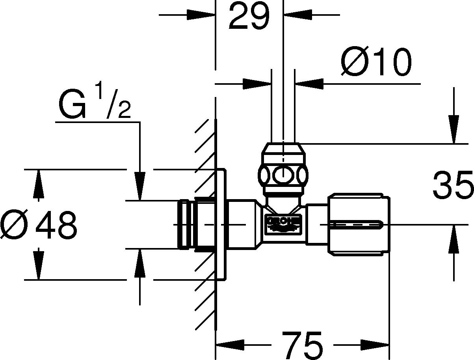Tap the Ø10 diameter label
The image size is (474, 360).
pos(376,62)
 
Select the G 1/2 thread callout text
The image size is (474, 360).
pos(95,104)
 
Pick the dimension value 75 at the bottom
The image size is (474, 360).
pos(302,344)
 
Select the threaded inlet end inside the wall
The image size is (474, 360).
pos(186,224)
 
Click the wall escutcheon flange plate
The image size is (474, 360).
pos(222,224)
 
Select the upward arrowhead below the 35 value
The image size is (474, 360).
pos(454,239)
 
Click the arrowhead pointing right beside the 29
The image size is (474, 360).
pos(201,15)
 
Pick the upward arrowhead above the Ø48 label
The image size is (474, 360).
pos(38,183)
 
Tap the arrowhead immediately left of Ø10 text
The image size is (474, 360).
pos(309,84)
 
